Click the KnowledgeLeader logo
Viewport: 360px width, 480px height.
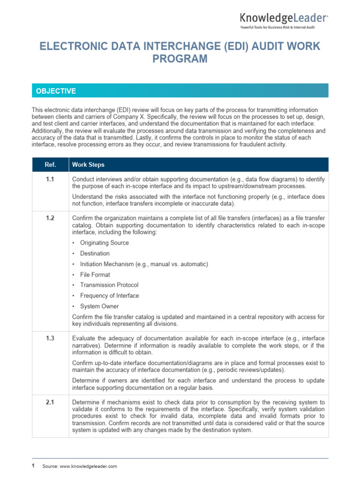coord(284,18)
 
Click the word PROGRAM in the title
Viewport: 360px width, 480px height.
coord(180,59)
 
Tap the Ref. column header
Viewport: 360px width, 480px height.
coord(50,165)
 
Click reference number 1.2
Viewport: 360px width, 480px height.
coord(50,218)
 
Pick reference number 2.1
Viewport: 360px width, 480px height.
coord(50,402)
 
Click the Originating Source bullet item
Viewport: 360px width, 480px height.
coord(104,243)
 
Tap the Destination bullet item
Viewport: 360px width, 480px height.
coord(95,254)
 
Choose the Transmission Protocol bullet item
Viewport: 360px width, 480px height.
coord(109,285)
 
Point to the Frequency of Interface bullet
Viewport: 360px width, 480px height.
coord(109,296)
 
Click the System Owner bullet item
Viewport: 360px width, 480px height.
coord(99,307)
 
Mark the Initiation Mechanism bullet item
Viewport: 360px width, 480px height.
coord(144,264)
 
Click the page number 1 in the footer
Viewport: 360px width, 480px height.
coord(33,466)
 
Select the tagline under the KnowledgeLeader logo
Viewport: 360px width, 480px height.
coord(277,28)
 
